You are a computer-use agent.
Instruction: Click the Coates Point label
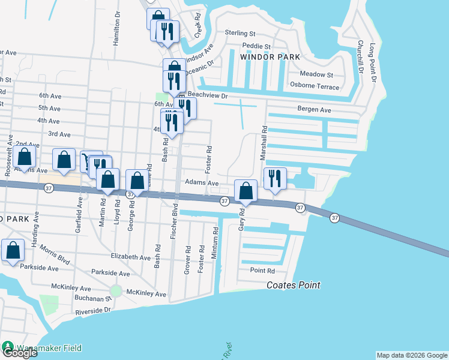pyautogui.click(x=294, y=286)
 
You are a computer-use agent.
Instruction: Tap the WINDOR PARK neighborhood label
pyautogui.click(x=266, y=57)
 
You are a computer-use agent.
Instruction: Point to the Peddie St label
pyautogui.click(x=257, y=46)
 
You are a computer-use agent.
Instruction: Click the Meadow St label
pyautogui.click(x=316, y=74)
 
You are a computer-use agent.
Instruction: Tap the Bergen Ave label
pyautogui.click(x=314, y=110)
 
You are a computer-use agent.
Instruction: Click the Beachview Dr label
pyautogui.click(x=208, y=95)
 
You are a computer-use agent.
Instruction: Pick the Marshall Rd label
pyautogui.click(x=263, y=143)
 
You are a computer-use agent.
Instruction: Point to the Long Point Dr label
pyautogui.click(x=373, y=63)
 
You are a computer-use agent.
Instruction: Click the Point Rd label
pyautogui.click(x=262, y=271)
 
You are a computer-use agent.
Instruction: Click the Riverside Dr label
pyautogui.click(x=94, y=311)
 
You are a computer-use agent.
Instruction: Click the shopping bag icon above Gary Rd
pyautogui.click(x=246, y=191)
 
